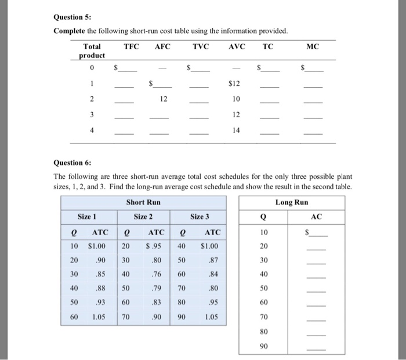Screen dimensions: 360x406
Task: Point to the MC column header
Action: (x=311, y=46)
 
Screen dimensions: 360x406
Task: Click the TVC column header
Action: (x=201, y=46)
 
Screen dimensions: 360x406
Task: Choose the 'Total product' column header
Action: (x=92, y=51)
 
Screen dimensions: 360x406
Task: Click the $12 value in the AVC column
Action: (x=235, y=84)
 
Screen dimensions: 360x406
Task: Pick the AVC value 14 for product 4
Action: (x=235, y=131)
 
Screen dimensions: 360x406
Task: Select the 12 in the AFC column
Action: (x=164, y=99)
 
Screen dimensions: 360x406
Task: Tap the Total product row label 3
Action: (x=92, y=115)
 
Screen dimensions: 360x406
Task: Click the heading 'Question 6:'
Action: (x=72, y=163)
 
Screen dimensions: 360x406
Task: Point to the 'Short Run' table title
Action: (x=143, y=202)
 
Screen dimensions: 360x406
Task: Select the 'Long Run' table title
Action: (x=292, y=202)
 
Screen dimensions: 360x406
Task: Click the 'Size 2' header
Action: (x=143, y=217)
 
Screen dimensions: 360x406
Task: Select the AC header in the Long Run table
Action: (x=316, y=217)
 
